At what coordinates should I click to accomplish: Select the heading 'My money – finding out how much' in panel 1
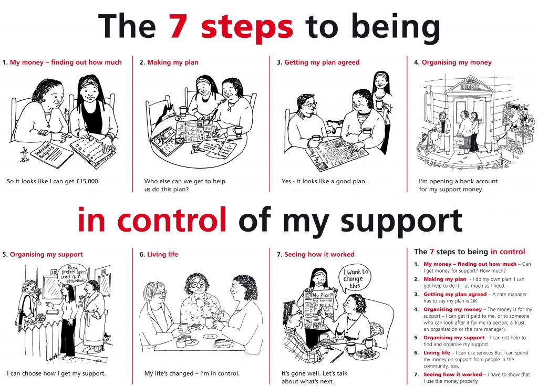pyautogui.click(x=66, y=62)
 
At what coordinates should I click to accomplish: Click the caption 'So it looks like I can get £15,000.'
pyautogui.click(x=53, y=182)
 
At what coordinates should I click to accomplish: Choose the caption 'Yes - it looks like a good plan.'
pyautogui.click(x=324, y=182)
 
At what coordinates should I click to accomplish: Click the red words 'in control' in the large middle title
pyautogui.click(x=152, y=221)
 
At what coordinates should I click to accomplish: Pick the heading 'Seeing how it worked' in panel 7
pyautogui.click(x=319, y=255)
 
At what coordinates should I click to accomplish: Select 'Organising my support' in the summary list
pyautogui.click(x=454, y=337)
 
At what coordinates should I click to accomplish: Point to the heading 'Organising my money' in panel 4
pyautogui.click(x=457, y=62)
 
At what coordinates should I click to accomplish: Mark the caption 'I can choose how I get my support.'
pyautogui.click(x=56, y=374)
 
